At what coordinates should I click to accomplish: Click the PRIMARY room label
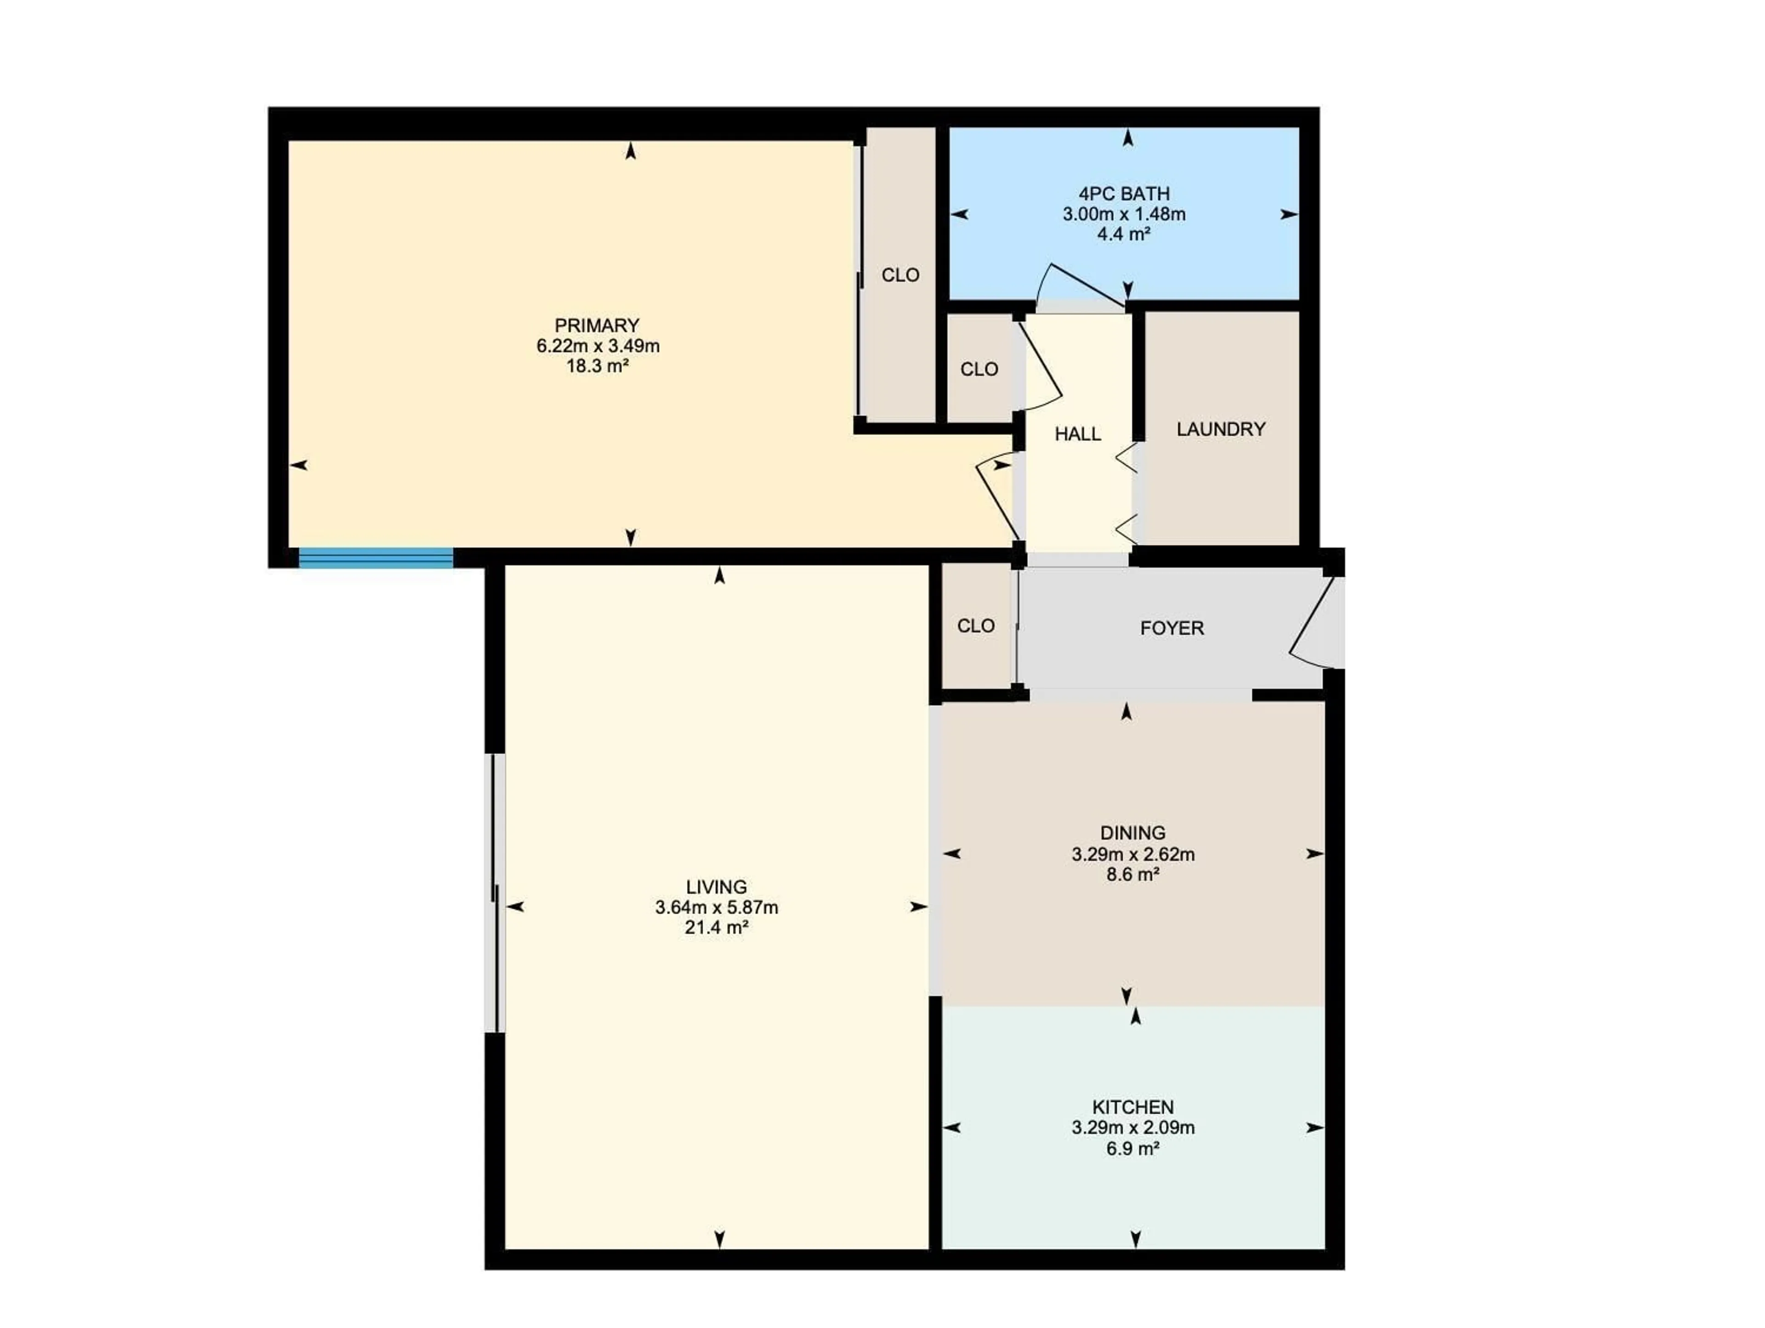(597, 326)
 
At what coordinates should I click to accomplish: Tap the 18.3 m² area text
(597, 367)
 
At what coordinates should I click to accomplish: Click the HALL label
(1077, 434)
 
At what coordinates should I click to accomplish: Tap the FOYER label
(1171, 628)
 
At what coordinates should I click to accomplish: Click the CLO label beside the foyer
(976, 626)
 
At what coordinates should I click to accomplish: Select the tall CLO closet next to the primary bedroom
(900, 275)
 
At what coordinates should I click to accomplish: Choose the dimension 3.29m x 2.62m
(1132, 854)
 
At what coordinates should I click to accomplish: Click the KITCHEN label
(1132, 1107)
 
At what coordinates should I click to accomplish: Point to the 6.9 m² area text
(1132, 1148)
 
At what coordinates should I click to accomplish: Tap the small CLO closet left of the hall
(979, 369)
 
